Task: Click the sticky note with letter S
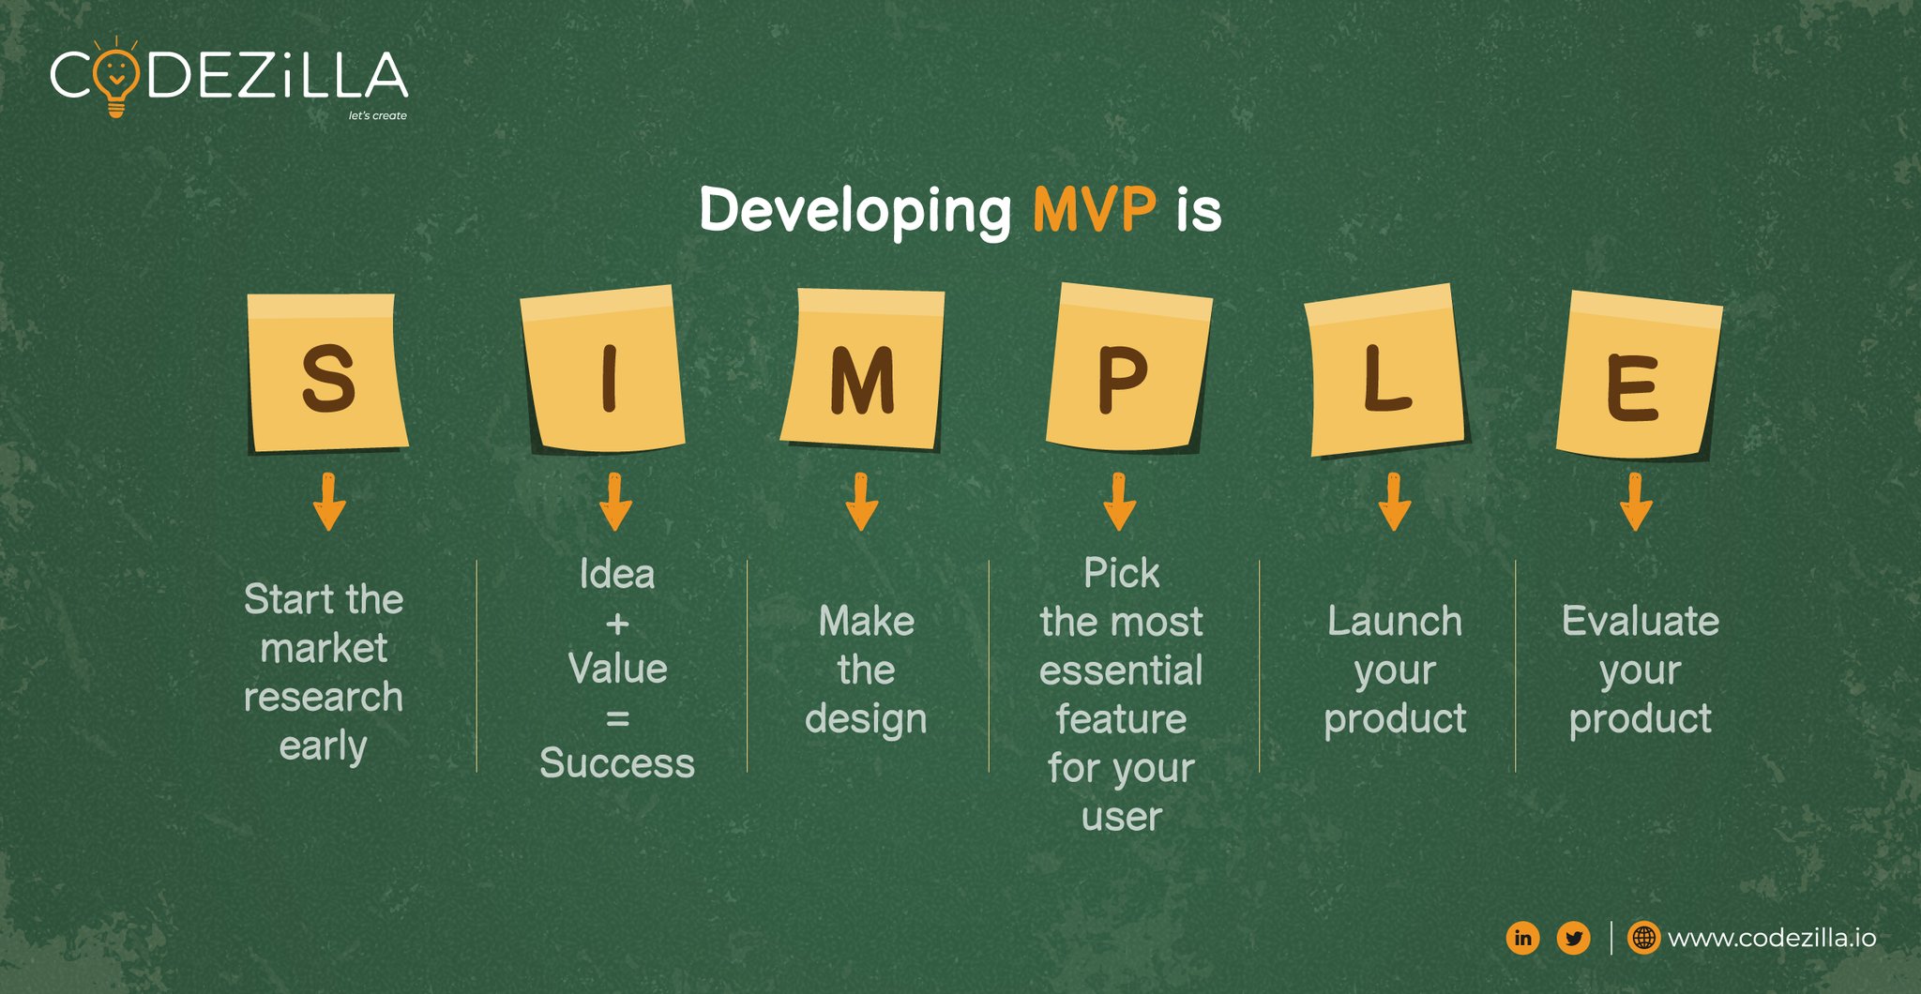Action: [327, 372]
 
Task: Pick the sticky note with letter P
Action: [1128, 368]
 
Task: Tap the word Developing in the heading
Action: [855, 212]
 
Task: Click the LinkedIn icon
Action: [1522, 938]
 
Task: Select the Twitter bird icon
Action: [1573, 938]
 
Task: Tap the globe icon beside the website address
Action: [1643, 938]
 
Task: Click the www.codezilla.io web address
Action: [1772, 938]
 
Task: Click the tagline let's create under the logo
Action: [378, 115]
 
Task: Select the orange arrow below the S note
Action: [328, 502]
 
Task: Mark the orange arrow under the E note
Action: [1636, 502]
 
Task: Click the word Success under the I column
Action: [617, 763]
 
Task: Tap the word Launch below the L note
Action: [1395, 621]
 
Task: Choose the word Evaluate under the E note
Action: [1641, 621]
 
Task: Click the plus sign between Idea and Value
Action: [617, 624]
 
